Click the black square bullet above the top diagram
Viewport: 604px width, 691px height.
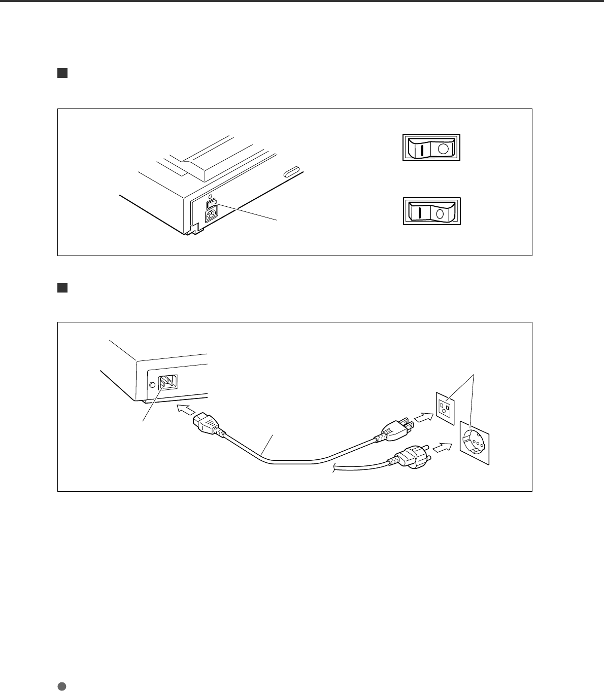click(62, 74)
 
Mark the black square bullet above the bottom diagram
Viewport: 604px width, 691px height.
click(62, 288)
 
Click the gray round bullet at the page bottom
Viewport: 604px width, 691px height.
click(62, 686)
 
